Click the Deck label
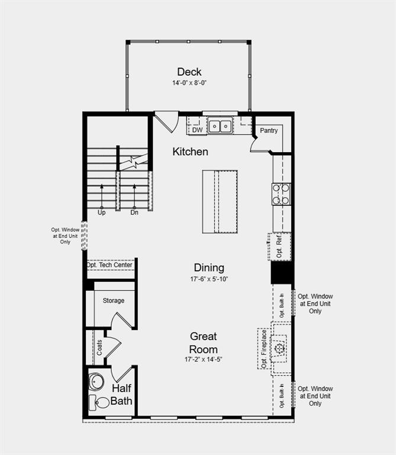189,72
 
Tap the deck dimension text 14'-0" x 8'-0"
189,83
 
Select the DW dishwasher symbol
197,129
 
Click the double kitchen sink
219,126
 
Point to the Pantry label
268,130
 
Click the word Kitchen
190,152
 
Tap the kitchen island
220,202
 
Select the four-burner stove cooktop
281,194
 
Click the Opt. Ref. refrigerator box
279,246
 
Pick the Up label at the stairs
101,212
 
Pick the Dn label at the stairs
134,212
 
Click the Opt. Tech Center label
110,265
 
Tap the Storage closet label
113,300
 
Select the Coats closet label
99,347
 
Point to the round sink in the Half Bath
96,380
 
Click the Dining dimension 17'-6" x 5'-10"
208,278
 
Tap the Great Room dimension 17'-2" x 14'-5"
203,359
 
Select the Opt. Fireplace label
263,348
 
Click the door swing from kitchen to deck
165,121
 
